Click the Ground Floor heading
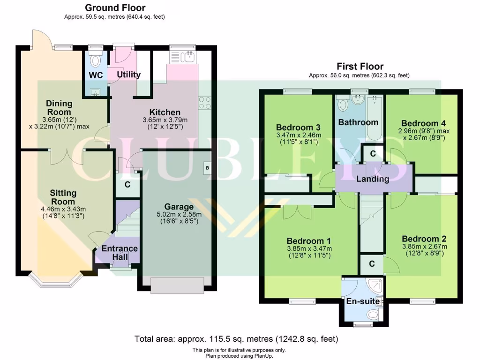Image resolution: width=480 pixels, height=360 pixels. pos(115,8)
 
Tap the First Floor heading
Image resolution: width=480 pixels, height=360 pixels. pos(359,67)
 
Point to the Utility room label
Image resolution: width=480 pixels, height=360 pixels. pos(128,75)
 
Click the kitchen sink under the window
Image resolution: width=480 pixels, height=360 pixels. pos(183,57)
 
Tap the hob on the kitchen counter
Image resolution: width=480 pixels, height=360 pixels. pos(204,103)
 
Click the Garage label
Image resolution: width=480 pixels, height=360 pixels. pos(179,207)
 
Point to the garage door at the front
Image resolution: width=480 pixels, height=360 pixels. pos(177,284)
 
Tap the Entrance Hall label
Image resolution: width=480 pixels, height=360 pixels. pos(120,252)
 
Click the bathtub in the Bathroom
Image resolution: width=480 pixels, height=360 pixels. pos(374,118)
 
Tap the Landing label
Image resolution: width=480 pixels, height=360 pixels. pos(373,179)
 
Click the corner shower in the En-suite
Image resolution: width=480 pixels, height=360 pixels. pos(375,286)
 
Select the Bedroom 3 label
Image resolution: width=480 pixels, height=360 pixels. pos(298,127)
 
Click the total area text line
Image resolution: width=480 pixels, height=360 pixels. pos(236,338)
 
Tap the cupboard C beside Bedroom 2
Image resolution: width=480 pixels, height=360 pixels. pos(372,264)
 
